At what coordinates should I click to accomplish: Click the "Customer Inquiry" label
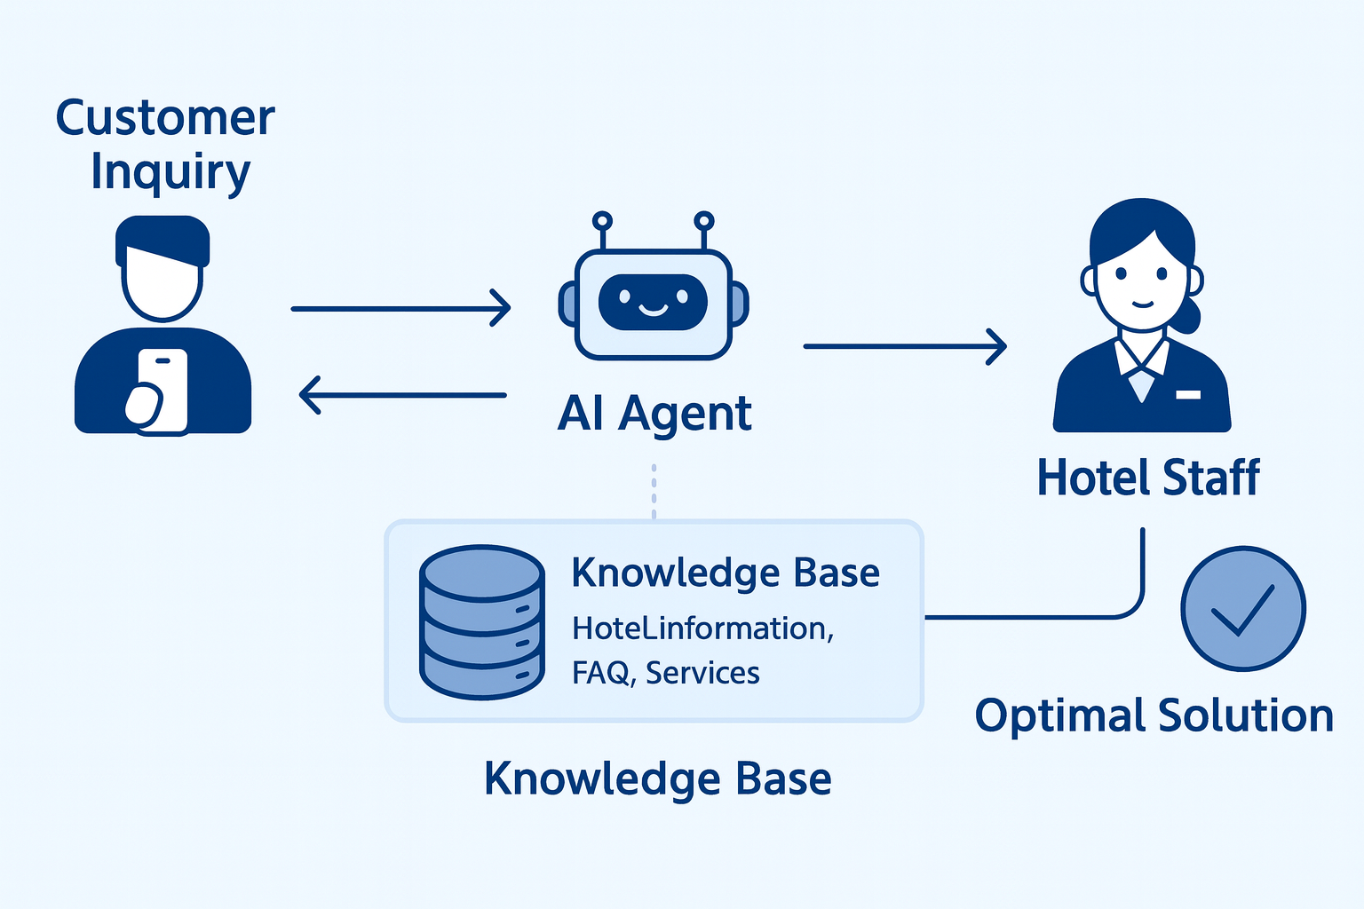165,144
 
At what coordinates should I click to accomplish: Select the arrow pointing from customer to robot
400,308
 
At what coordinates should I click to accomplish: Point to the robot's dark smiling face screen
653,302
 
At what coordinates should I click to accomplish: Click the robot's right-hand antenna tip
703,220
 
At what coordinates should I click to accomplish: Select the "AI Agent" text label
654,414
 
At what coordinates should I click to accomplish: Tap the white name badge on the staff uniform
1188,394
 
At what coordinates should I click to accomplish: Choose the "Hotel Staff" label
1148,478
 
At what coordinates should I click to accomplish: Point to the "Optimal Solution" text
1154,715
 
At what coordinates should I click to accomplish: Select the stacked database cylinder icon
481,621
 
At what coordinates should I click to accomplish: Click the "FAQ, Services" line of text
665,673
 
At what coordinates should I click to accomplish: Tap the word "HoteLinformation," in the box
702,628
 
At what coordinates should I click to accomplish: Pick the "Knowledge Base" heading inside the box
725,573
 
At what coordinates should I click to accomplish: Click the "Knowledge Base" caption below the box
657,779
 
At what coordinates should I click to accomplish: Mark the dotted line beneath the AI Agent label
654,491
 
